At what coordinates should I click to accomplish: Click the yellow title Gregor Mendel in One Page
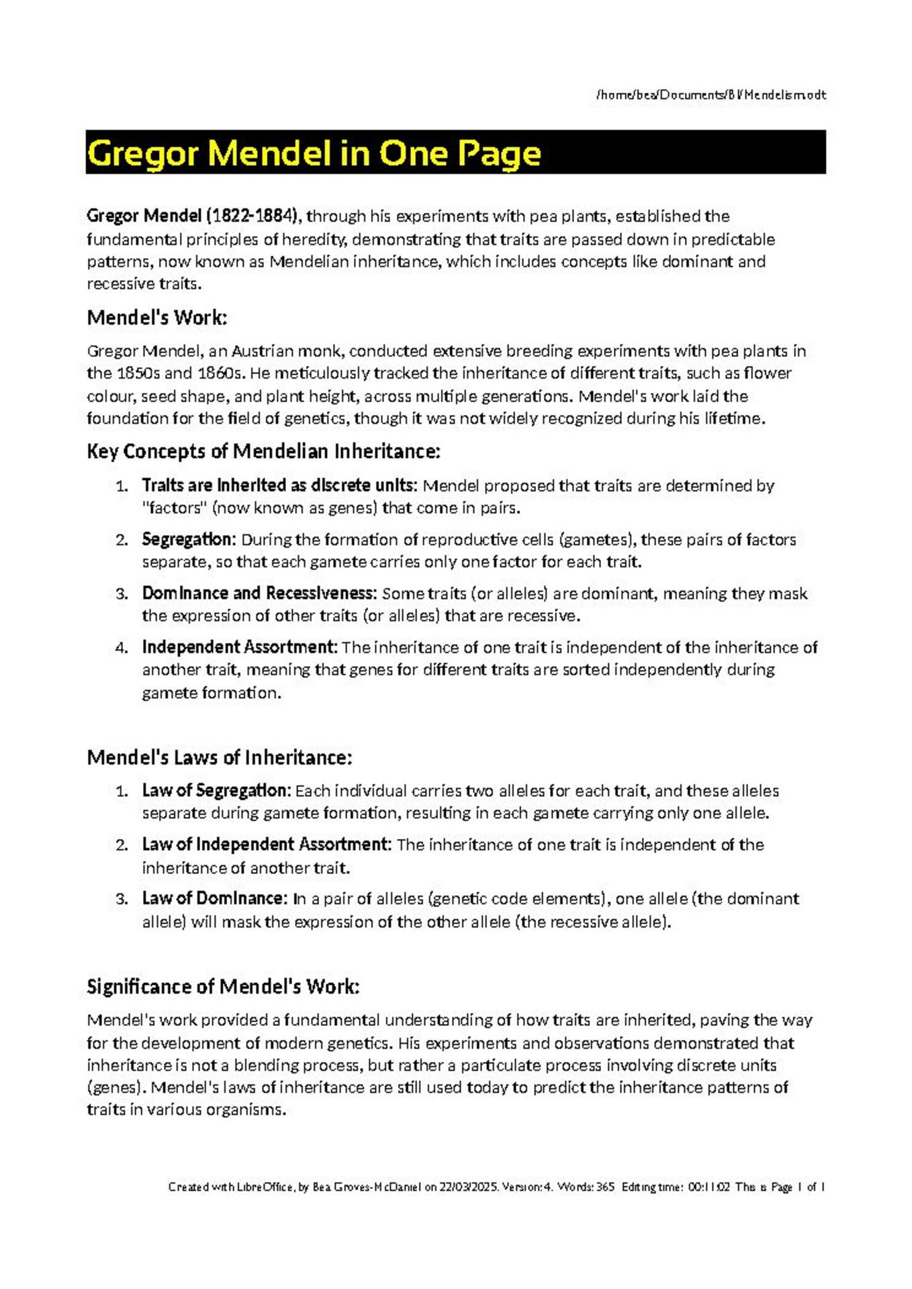(314, 154)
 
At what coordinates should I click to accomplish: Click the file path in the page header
(711, 95)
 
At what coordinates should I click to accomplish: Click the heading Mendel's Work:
(157, 318)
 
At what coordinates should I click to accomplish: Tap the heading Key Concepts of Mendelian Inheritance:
(263, 451)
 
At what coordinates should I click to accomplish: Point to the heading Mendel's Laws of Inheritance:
(220, 757)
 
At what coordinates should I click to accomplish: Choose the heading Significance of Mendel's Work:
(223, 986)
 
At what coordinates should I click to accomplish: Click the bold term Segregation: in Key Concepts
(189, 540)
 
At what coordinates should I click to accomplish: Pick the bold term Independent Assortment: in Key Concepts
(239, 647)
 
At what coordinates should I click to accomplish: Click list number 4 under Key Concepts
(122, 649)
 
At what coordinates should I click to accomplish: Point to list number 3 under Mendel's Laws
(122, 900)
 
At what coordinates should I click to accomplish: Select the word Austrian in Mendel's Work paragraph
(262, 351)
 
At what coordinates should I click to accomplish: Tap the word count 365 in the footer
(605, 1187)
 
